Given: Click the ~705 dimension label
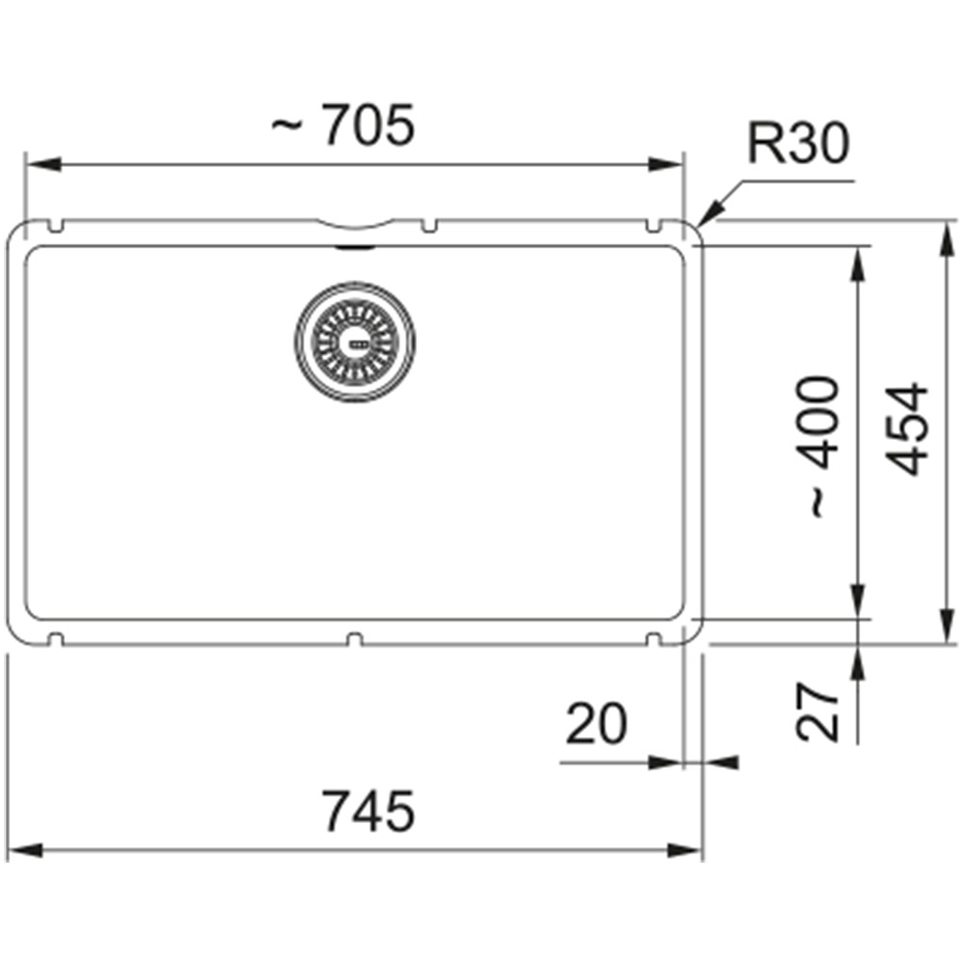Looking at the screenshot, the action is point(344,124).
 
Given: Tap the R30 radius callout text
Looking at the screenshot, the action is point(798,143).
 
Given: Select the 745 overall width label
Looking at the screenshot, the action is point(369,812).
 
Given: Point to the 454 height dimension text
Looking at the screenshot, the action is point(905,429).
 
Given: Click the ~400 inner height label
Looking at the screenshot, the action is point(816,447).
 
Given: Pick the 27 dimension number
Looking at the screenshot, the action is point(816,710).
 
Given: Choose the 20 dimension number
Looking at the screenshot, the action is point(596,724).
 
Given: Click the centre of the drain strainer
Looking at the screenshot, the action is point(354,343).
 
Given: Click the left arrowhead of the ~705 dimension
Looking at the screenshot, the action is point(43,165).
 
